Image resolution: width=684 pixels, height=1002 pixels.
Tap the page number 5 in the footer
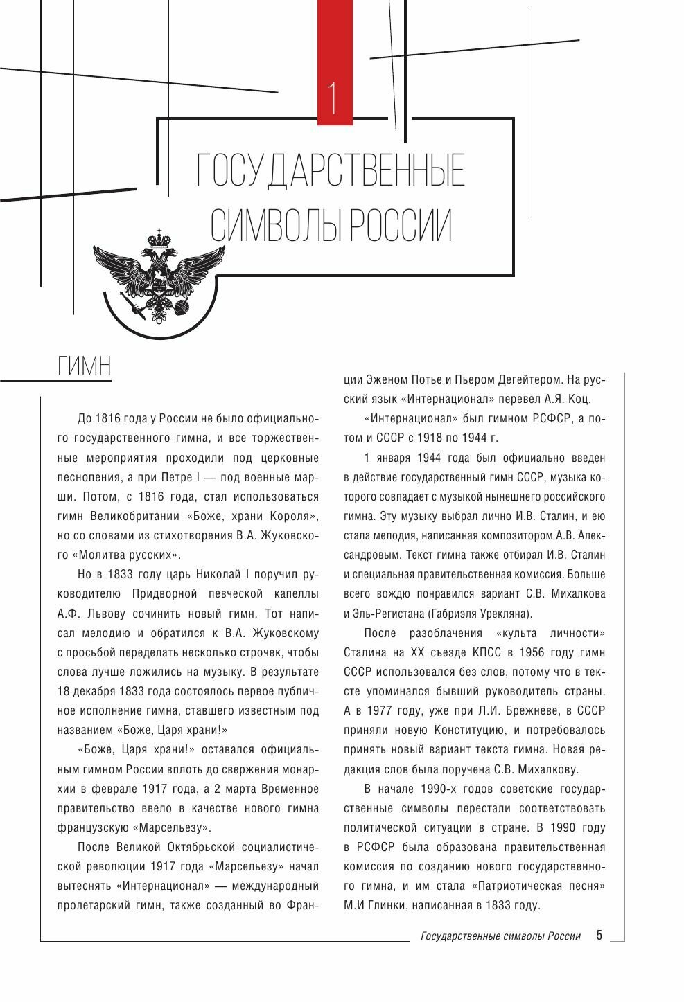point(599,936)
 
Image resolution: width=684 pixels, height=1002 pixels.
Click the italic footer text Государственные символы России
point(500,936)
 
